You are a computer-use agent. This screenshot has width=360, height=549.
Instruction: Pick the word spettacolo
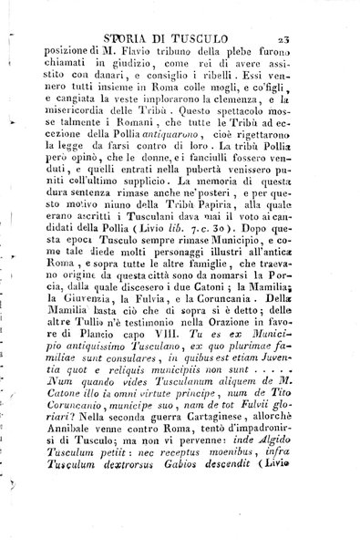coord(237,150)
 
